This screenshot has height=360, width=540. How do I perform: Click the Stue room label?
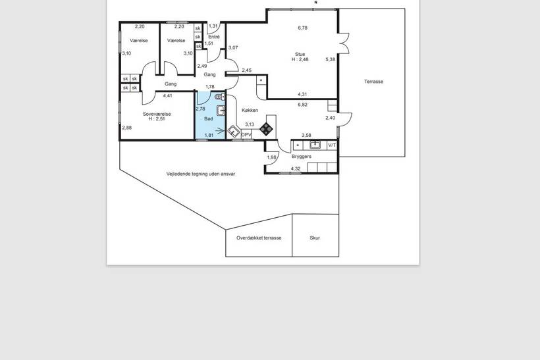tap(300, 54)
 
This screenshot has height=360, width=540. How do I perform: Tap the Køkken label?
tap(250, 110)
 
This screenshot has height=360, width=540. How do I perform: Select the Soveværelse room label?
tap(157, 114)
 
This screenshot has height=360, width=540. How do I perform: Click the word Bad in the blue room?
tap(209, 118)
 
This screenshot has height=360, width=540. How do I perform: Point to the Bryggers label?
tap(302, 156)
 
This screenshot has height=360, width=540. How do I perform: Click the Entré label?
tap(214, 37)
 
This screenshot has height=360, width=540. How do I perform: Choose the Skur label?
tap(315, 238)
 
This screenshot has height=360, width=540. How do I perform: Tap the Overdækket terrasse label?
tap(259, 238)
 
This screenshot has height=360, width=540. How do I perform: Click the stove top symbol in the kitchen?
tap(266, 129)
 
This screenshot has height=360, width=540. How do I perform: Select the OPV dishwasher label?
tap(246, 135)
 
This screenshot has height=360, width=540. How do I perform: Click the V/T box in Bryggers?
tap(332, 145)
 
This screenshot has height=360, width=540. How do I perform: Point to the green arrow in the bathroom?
tap(219, 130)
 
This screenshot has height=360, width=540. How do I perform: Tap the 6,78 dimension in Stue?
tap(303, 28)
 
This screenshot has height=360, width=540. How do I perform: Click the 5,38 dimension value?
tap(331, 59)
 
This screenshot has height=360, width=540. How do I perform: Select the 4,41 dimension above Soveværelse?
tap(168, 95)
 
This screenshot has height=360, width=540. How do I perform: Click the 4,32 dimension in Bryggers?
tap(296, 168)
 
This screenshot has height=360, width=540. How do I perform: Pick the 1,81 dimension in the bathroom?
tap(209, 136)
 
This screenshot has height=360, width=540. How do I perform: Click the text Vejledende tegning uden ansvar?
tap(201, 174)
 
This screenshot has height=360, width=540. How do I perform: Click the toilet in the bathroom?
tap(219, 97)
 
